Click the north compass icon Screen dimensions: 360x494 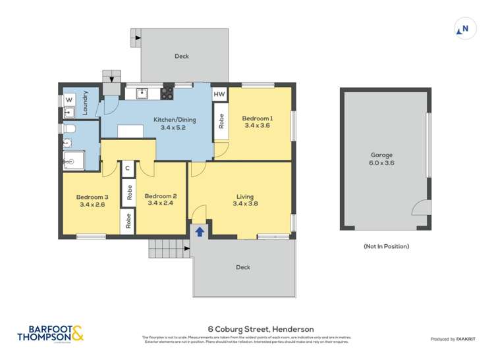[465, 29]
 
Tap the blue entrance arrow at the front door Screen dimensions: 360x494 [198, 230]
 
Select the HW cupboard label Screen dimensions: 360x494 [219, 95]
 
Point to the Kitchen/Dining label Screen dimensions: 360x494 [170, 119]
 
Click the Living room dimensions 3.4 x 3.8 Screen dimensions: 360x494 [245, 204]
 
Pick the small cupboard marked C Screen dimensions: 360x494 [127, 168]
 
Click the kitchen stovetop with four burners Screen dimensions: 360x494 [167, 93]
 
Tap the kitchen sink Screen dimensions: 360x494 [142, 93]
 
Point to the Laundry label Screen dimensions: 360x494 [84, 104]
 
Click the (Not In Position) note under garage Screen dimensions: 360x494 [386, 246]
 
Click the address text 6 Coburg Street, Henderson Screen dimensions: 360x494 [261, 329]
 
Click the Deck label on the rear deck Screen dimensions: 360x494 [182, 57]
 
